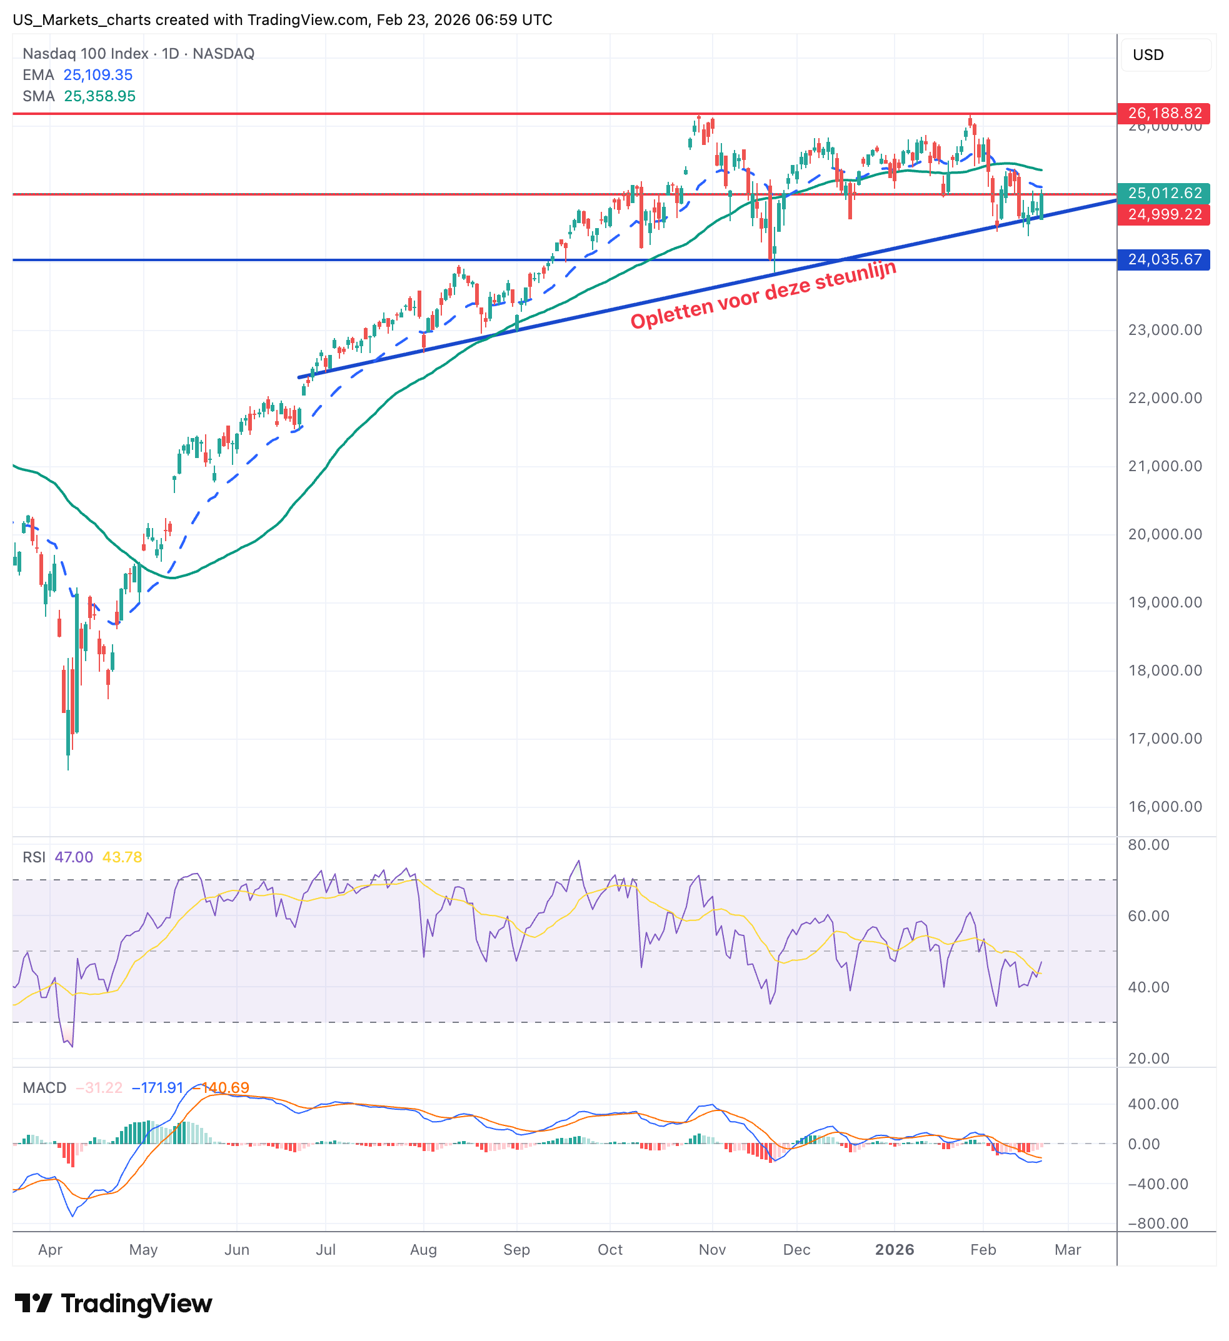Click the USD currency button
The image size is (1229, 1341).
point(1148,54)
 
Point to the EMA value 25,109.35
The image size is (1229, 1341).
point(98,75)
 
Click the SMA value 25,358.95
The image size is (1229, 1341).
point(99,96)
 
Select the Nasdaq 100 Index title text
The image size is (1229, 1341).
point(85,53)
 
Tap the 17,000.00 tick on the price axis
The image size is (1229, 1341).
point(1165,739)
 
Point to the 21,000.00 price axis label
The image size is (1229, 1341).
point(1165,466)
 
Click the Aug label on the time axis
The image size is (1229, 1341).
point(423,1249)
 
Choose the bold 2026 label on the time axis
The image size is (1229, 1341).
point(894,1249)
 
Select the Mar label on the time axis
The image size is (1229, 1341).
point(1066,1249)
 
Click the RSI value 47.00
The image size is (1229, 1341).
point(73,857)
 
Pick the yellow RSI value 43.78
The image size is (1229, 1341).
point(122,857)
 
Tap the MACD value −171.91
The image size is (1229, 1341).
point(157,1087)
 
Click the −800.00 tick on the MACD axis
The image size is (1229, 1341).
point(1158,1224)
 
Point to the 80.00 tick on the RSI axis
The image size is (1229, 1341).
point(1148,845)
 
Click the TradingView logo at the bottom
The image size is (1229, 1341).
point(113,1304)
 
